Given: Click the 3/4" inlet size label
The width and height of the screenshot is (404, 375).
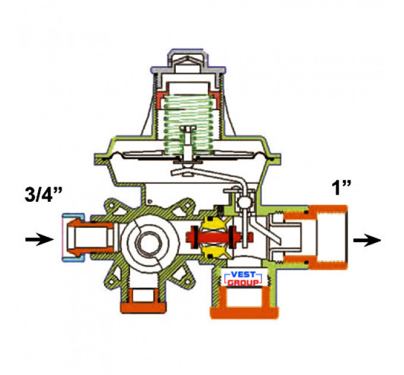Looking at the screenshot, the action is (44, 194).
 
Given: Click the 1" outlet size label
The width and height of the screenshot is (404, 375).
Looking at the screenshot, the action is (341, 187).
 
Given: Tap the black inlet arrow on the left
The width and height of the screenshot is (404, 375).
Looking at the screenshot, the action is (39, 239).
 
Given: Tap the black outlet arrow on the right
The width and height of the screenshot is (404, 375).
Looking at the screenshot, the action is (367, 240).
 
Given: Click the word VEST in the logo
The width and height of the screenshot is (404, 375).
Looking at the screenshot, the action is (243, 274).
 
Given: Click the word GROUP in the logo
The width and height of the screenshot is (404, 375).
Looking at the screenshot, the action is (243, 282).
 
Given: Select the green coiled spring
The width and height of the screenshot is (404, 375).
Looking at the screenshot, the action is (190, 124).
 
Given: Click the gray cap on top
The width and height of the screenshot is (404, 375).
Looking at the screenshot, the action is (188, 68).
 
